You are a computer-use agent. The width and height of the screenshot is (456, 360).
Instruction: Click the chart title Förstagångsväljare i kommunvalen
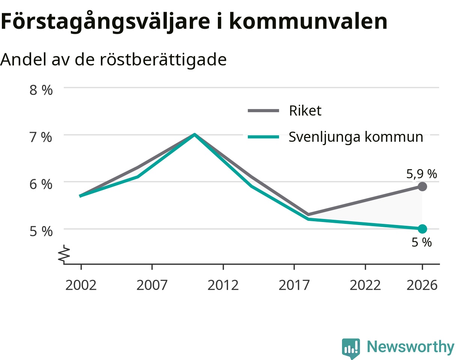pyautogui.click(x=194, y=22)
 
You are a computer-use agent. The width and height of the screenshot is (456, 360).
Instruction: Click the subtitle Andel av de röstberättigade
pyautogui.click(x=113, y=60)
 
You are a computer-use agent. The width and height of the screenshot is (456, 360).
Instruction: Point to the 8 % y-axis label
pyautogui.click(x=41, y=90)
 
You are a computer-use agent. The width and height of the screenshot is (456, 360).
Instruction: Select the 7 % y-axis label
pyautogui.click(x=41, y=137)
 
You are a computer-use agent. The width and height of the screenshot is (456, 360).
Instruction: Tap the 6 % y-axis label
pyautogui.click(x=41, y=184)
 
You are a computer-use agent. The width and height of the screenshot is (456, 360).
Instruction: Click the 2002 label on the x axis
pyautogui.click(x=81, y=285)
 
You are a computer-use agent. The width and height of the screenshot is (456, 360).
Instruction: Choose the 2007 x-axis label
pyautogui.click(x=152, y=285)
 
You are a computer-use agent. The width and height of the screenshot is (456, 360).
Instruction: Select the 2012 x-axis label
pyautogui.click(x=223, y=285)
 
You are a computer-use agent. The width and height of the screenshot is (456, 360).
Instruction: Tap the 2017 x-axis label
pyautogui.click(x=294, y=285)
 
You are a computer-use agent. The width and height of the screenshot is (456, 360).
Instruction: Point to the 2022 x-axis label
pyautogui.click(x=365, y=285)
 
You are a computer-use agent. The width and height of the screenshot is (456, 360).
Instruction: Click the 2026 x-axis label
pyautogui.click(x=422, y=285)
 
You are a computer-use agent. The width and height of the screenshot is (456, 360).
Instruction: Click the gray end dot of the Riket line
pyautogui.click(x=422, y=186)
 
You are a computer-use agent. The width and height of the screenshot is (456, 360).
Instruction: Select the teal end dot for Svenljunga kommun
pyautogui.click(x=422, y=229)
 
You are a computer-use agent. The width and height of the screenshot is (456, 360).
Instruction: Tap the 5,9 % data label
pyautogui.click(x=421, y=174)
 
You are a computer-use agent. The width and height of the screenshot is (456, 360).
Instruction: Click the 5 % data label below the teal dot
pyautogui.click(x=421, y=242)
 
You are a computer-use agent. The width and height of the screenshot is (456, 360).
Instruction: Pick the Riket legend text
pyautogui.click(x=305, y=111)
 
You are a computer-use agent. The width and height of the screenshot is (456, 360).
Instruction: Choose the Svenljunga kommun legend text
pyautogui.click(x=356, y=137)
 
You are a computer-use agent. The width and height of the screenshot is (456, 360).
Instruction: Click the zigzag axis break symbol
pyautogui.click(x=64, y=255)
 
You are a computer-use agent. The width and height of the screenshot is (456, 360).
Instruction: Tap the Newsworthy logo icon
pyautogui.click(x=351, y=347)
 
